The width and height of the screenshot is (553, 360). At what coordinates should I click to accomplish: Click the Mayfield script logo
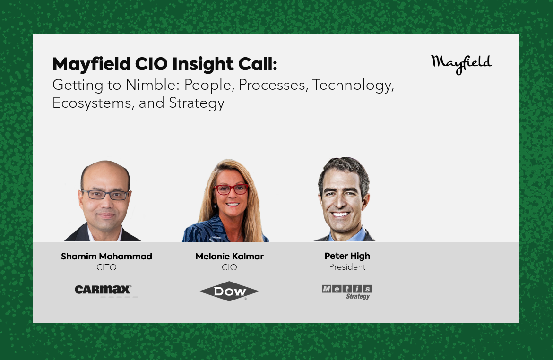[461, 64]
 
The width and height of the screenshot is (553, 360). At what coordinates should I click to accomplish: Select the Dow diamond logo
[229, 291]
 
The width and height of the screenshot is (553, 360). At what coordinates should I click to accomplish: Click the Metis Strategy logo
[347, 292]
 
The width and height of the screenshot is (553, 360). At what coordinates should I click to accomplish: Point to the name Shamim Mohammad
[106, 257]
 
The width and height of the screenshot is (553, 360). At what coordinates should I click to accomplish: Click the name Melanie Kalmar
[230, 257]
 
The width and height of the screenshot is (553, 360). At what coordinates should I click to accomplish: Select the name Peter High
[347, 257]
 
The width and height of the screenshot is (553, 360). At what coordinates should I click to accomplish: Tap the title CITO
[106, 267]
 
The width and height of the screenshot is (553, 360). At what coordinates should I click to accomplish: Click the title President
[347, 267]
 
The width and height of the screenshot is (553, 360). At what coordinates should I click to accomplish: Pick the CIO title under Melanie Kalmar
[229, 267]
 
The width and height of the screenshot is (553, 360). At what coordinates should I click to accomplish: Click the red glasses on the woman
[231, 189]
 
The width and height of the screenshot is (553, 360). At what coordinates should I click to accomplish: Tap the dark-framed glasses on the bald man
[105, 195]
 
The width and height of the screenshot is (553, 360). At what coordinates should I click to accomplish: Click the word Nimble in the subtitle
[153, 85]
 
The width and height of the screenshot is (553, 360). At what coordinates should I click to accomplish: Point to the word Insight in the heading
[202, 64]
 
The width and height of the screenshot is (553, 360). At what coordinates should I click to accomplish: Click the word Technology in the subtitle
[353, 86]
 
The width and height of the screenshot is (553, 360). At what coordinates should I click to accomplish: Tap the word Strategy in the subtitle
[197, 103]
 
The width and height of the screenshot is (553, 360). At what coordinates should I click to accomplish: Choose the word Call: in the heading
[258, 64]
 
